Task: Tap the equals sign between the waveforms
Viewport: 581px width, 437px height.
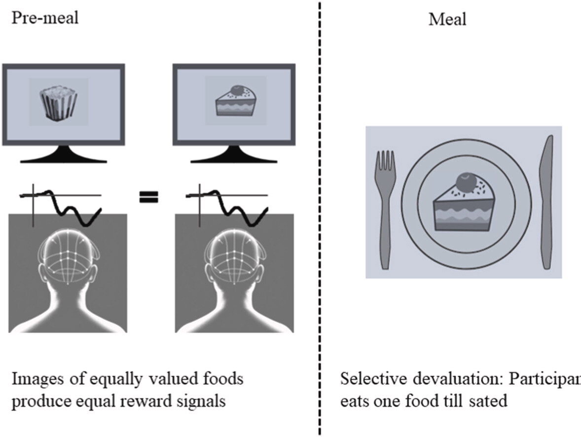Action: point(148,198)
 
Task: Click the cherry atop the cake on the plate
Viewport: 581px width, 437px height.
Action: point(465,183)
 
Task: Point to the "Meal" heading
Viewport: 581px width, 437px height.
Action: point(447,19)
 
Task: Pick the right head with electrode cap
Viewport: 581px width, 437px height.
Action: point(234,276)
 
